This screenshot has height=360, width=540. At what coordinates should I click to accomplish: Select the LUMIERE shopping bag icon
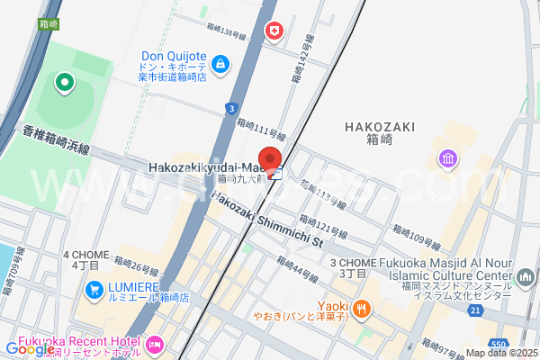click(94, 290)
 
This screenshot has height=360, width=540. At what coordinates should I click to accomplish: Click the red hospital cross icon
click(272, 32)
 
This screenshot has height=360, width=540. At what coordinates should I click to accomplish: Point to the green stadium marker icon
click(65, 85)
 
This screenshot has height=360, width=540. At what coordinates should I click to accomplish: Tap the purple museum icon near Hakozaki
click(447, 159)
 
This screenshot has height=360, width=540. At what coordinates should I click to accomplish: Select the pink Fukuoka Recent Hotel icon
click(154, 344)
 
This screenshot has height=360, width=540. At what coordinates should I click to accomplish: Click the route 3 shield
click(231, 108)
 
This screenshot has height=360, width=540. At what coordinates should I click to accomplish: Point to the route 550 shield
click(499, 344)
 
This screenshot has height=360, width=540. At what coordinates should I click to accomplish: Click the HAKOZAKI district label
click(379, 127)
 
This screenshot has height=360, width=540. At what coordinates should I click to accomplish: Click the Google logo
click(30, 349)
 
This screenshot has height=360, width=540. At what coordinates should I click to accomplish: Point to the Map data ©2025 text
click(500, 353)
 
